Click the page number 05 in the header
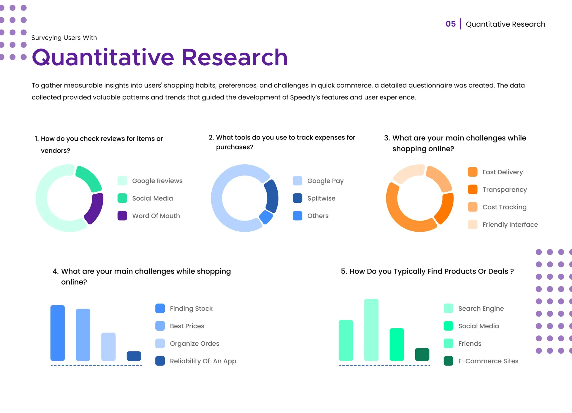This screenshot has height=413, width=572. coord(450,24)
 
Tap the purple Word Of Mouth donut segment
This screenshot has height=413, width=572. coord(95,208)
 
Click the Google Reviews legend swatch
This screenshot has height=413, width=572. coord(122,181)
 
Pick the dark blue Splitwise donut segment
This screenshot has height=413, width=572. coord(272,196)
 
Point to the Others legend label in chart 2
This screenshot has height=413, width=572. coord(318,216)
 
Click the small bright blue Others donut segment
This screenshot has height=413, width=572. coord(266,217)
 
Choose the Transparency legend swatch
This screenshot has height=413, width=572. coord(473,189)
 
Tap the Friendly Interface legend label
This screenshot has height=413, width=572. coord(510,225)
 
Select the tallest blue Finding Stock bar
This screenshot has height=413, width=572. coord(57,333)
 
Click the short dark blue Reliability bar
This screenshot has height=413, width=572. coord(134,356)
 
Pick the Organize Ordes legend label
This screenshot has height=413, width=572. coord(194,344)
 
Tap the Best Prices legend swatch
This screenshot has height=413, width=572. coord(160,326)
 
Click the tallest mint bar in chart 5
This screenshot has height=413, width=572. coord(371,330)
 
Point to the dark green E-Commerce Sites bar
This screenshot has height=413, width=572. coord(422,354)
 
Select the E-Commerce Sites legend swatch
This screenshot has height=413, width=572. coord(448,361)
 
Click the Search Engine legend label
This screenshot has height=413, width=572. coord(481,309)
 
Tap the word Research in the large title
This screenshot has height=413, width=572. coord(235,58)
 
